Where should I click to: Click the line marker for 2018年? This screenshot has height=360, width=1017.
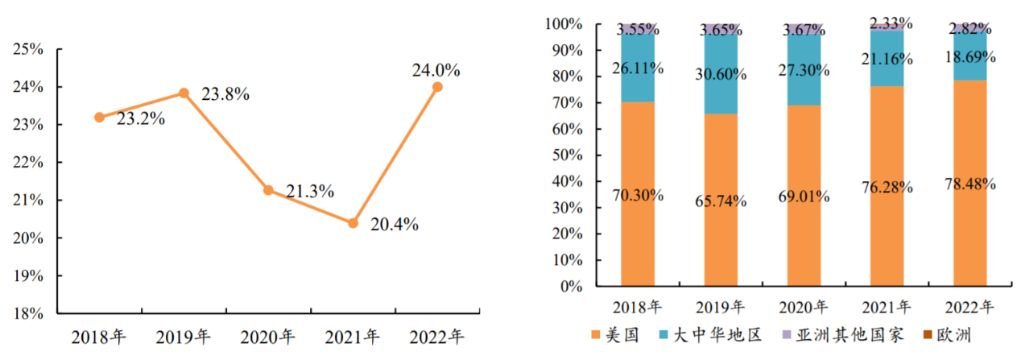(x=99, y=117)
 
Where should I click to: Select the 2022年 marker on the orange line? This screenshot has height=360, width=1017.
(x=437, y=87)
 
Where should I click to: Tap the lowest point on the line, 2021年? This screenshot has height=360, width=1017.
(x=353, y=223)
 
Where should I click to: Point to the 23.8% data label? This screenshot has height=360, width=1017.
(x=225, y=94)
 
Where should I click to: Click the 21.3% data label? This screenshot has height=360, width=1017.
(x=309, y=192)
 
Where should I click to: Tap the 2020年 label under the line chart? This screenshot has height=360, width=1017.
(x=267, y=335)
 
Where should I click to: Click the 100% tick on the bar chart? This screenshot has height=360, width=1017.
(x=562, y=25)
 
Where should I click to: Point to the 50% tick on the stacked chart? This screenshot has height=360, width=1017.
(x=565, y=155)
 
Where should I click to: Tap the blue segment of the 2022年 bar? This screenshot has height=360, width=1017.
(x=971, y=56)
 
